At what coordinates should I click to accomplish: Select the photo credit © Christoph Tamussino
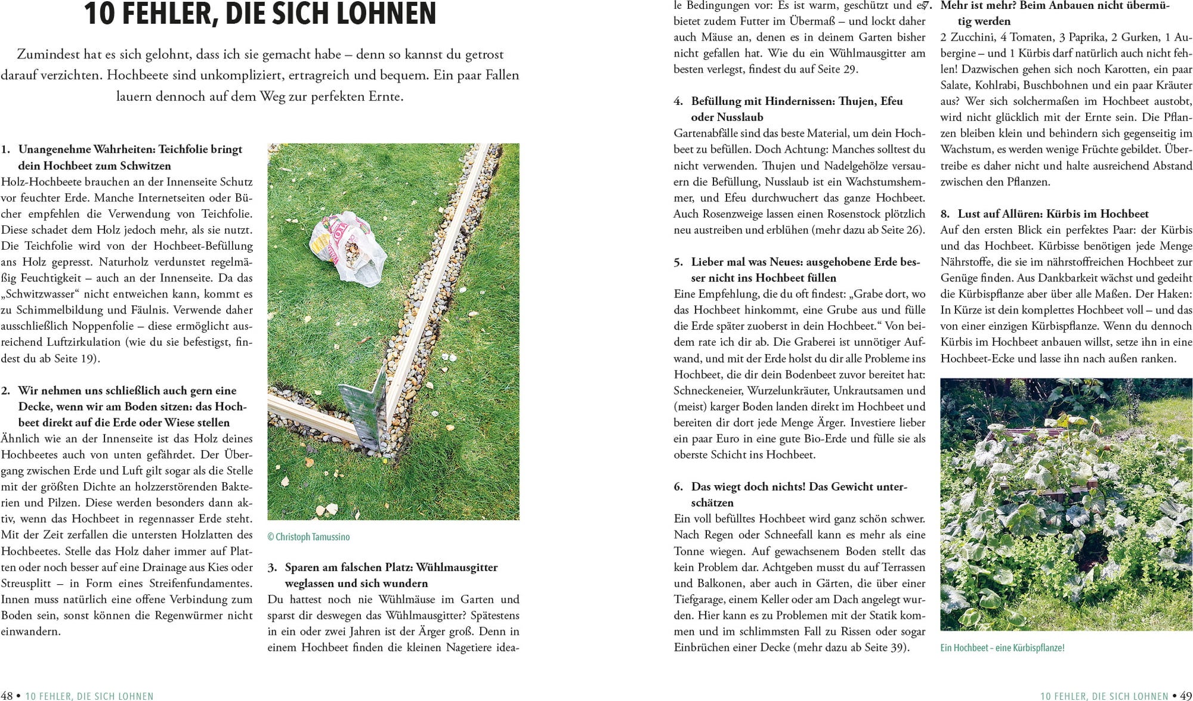point(308,536)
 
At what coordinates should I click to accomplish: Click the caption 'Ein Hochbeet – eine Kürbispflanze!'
point(1002,647)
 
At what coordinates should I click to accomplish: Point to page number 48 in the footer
point(7,696)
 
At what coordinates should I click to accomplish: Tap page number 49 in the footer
point(1186,696)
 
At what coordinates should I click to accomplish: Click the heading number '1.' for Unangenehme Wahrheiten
point(5,149)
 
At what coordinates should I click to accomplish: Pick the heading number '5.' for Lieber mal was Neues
point(678,262)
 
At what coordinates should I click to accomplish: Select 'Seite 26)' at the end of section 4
point(904,229)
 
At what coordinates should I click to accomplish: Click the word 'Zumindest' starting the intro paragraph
point(47,54)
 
